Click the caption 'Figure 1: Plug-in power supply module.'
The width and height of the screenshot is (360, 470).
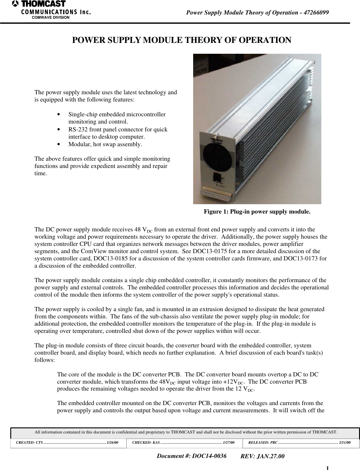[x=257, y=211]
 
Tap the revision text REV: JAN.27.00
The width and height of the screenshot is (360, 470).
[x=262, y=456]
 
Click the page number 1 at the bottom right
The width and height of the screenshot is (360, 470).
[x=327, y=468]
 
